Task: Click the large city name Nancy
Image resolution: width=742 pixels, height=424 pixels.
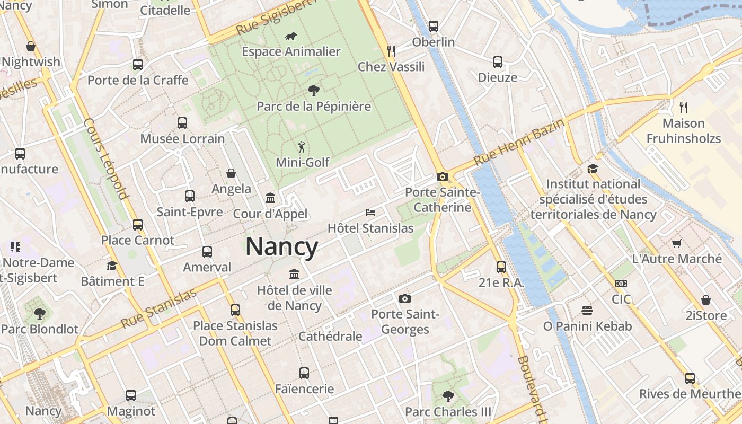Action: pyautogui.click(x=281, y=247)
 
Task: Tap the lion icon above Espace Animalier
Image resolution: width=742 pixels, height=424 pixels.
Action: pyautogui.click(x=290, y=37)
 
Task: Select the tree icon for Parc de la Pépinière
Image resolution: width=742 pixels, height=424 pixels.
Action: pyautogui.click(x=314, y=91)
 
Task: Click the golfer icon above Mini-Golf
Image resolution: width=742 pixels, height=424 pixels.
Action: pyautogui.click(x=302, y=147)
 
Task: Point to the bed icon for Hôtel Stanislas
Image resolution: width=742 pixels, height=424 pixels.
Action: pyautogui.click(x=370, y=213)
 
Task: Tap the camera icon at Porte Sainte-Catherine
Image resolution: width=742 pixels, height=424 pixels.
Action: pyautogui.click(x=442, y=177)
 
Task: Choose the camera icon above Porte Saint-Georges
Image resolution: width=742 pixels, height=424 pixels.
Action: pyautogui.click(x=405, y=299)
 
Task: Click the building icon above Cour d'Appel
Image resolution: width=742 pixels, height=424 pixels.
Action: pyautogui.click(x=270, y=198)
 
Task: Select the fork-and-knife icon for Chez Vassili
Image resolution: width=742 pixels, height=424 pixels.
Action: pyautogui.click(x=391, y=51)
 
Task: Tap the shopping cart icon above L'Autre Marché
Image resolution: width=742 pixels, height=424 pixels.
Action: pyautogui.click(x=676, y=244)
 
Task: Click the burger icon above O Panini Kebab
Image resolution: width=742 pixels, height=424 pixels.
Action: pyautogui.click(x=587, y=310)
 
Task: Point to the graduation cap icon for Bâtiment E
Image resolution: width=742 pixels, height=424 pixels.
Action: pyautogui.click(x=112, y=266)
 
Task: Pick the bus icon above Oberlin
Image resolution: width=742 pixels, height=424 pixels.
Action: pyautogui.click(x=434, y=26)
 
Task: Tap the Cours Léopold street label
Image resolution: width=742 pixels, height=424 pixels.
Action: pyautogui.click(x=107, y=158)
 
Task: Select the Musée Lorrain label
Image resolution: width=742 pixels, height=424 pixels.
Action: pyautogui.click(x=182, y=139)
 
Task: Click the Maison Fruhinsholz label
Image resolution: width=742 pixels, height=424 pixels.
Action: pyautogui.click(x=691, y=131)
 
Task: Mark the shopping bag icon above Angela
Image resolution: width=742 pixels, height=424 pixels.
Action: pyautogui.click(x=231, y=173)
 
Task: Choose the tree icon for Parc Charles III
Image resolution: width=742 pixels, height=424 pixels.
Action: pyautogui.click(x=448, y=396)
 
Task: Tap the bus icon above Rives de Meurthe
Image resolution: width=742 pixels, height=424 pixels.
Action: pyautogui.click(x=690, y=378)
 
